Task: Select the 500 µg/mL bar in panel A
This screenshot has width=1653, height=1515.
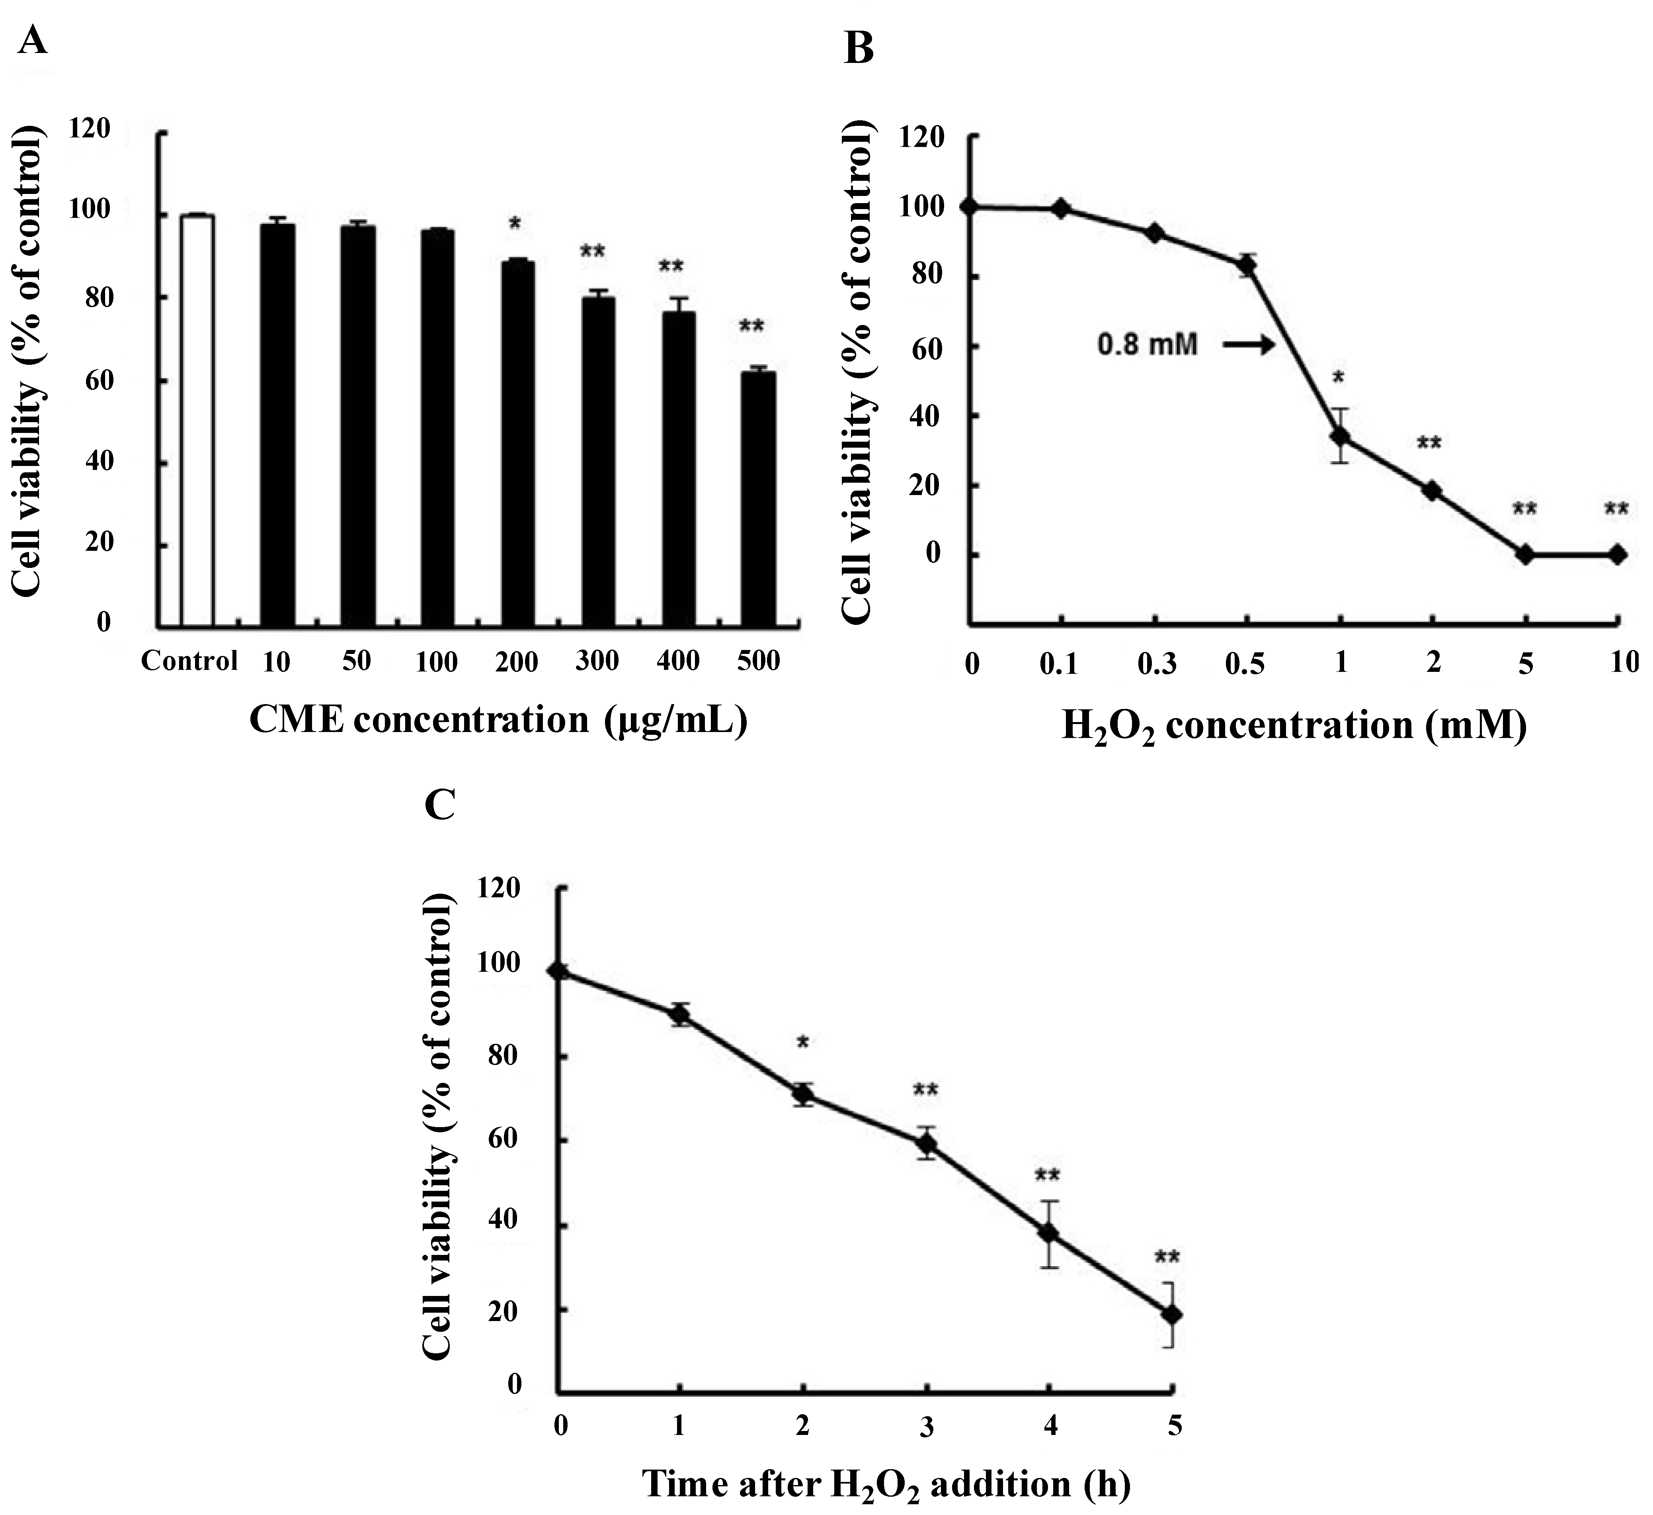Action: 759,500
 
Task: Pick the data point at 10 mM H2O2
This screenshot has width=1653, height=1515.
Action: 1617,554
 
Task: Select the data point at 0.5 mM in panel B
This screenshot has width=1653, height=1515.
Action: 1248,265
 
